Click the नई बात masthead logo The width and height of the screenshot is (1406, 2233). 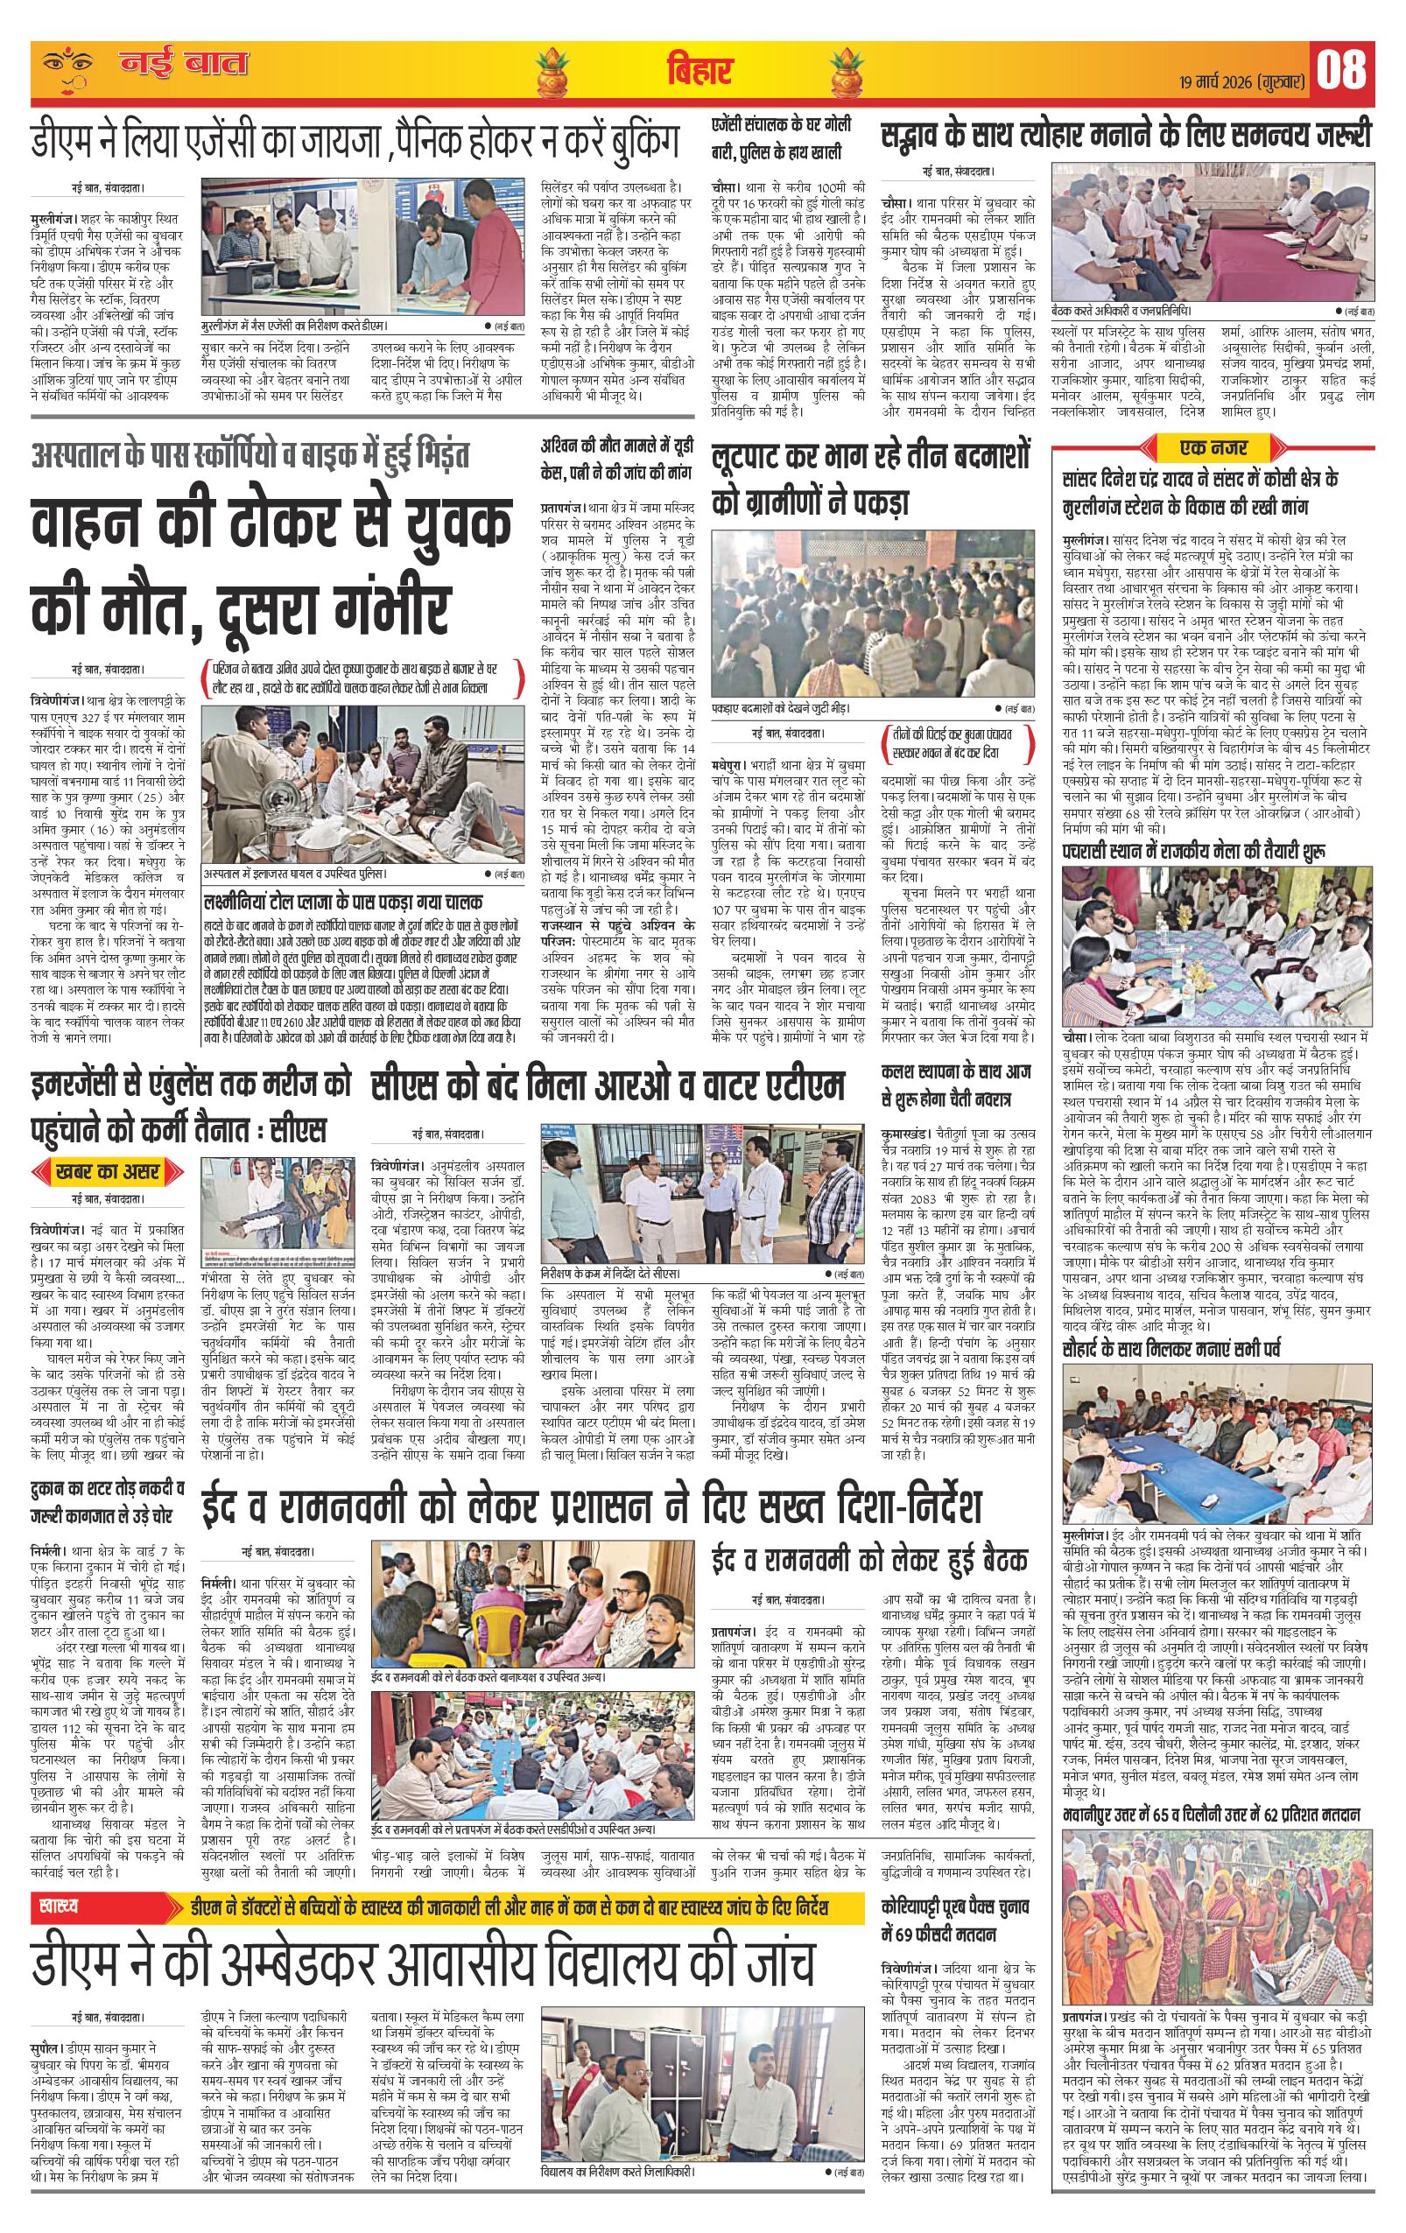(184, 65)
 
